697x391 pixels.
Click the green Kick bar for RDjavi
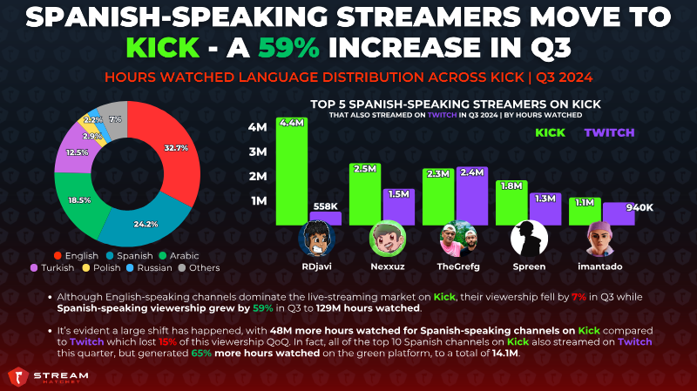tap(292, 171)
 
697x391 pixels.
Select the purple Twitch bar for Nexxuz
tap(399, 207)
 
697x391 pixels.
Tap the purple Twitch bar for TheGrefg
tap(472, 196)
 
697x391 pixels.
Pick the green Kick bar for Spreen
tap(511, 203)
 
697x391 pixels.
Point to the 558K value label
tap(325, 206)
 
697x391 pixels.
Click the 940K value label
tap(639, 207)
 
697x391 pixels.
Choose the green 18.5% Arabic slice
tap(80, 202)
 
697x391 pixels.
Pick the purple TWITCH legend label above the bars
tap(609, 132)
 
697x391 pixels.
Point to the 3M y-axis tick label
tap(258, 152)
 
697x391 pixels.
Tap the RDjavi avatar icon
tap(316, 239)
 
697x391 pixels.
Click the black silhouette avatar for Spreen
tap(529, 239)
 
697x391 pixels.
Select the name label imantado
tap(599, 266)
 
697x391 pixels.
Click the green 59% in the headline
tap(289, 48)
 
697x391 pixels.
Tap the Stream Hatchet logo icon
tap(18, 377)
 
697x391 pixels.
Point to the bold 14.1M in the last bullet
tap(505, 354)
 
